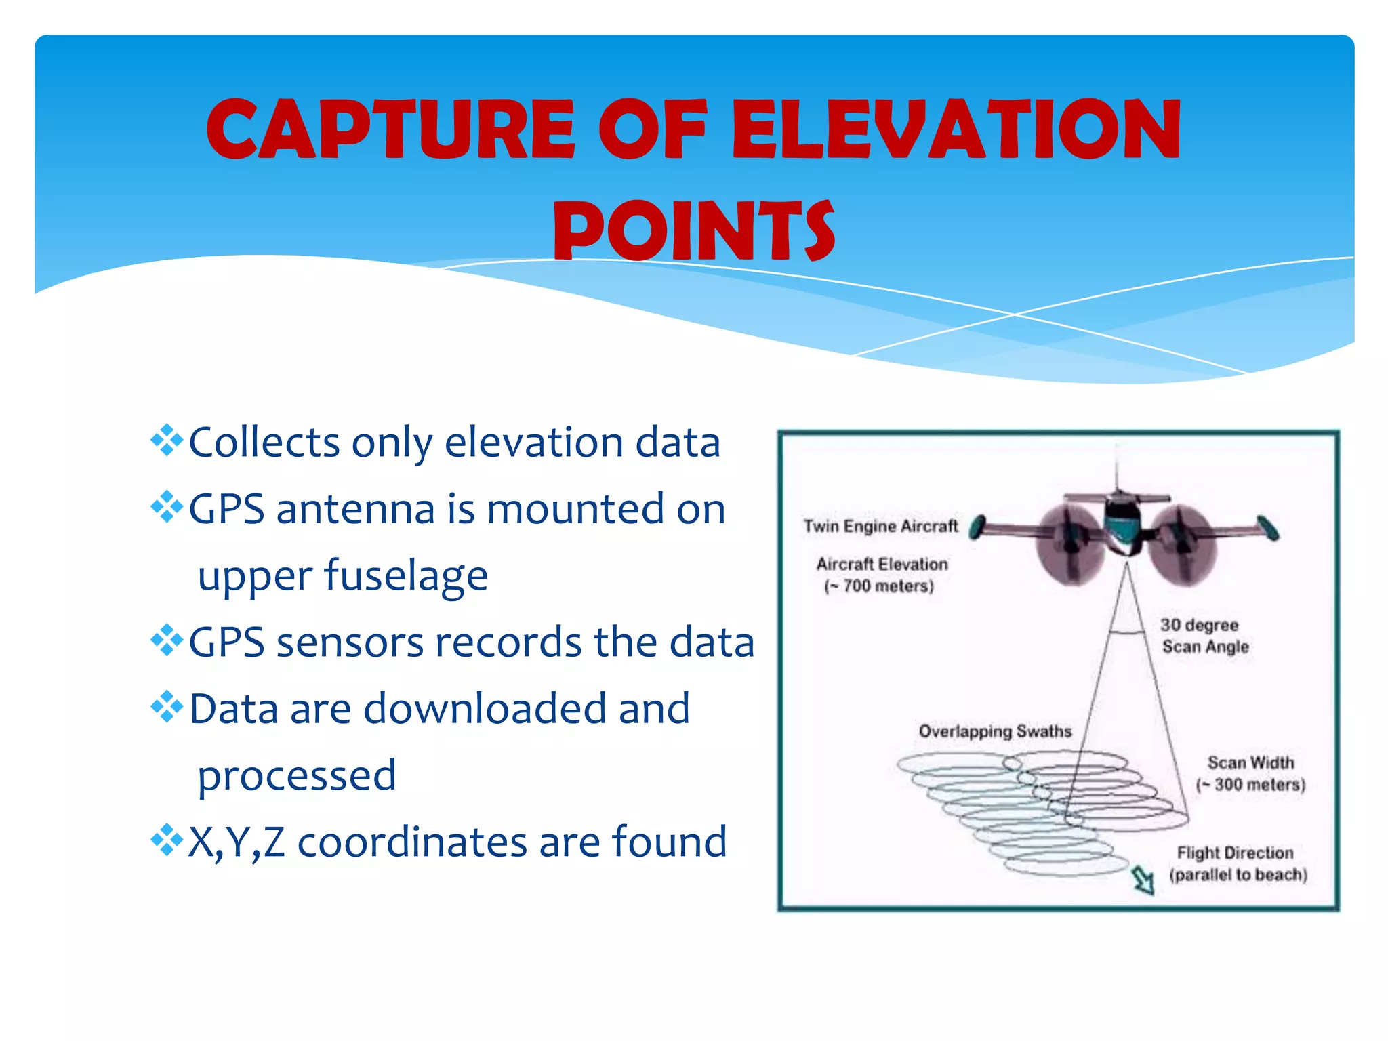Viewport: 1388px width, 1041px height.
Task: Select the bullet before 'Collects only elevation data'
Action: [x=167, y=441]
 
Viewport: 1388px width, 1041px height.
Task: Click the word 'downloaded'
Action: [x=484, y=709]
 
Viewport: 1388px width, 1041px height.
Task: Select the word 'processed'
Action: [x=297, y=775]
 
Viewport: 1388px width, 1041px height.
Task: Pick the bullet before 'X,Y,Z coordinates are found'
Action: [x=167, y=840]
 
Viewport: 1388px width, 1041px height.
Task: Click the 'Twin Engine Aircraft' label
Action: [x=880, y=526]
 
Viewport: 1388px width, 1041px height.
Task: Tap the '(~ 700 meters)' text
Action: [x=879, y=586]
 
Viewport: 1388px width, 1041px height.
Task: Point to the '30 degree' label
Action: [x=1199, y=625]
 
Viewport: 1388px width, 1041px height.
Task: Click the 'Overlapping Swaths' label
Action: [x=995, y=731]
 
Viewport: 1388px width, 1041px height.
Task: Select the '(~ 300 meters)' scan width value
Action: [x=1250, y=785]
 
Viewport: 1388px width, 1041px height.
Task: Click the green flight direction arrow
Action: [x=1143, y=880]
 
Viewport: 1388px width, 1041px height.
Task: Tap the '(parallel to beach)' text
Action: [x=1238, y=875]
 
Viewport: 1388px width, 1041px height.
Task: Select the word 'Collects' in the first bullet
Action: [x=264, y=442]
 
